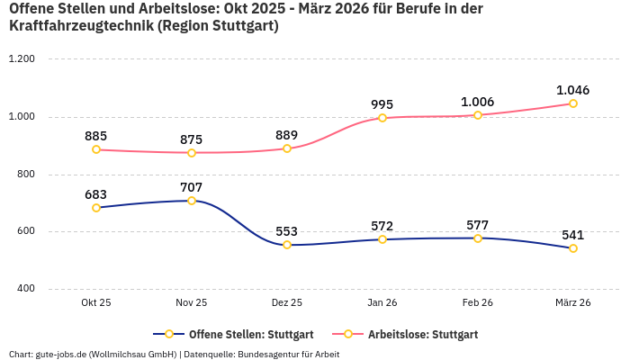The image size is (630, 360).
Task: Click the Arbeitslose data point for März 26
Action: pyautogui.click(x=573, y=103)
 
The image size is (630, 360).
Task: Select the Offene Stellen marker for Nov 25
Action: pyautogui.click(x=192, y=201)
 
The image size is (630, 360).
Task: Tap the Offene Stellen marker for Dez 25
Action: pyautogui.click(x=287, y=245)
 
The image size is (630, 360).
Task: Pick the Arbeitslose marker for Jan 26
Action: pyautogui.click(x=382, y=118)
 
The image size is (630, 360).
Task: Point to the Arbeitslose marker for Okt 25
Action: pyautogui.click(x=96, y=149)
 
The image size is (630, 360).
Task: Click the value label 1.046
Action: pyautogui.click(x=573, y=90)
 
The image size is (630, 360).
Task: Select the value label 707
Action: pyautogui.click(x=192, y=187)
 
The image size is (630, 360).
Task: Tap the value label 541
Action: pyautogui.click(x=573, y=235)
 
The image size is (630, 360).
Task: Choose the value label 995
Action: pyautogui.click(x=382, y=104)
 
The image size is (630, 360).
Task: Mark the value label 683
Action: pyautogui.click(x=96, y=194)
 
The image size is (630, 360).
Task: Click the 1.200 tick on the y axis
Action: pyautogui.click(x=21, y=59)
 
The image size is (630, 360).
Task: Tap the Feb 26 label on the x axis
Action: pyautogui.click(x=478, y=303)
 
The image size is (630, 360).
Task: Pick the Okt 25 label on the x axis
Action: pyautogui.click(x=96, y=303)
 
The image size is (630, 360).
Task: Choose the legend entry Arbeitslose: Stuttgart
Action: pyautogui.click(x=422, y=335)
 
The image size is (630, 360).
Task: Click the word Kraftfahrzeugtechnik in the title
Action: pyautogui.click(x=80, y=26)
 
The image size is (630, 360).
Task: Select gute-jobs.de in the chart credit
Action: pyautogui.click(x=64, y=354)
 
